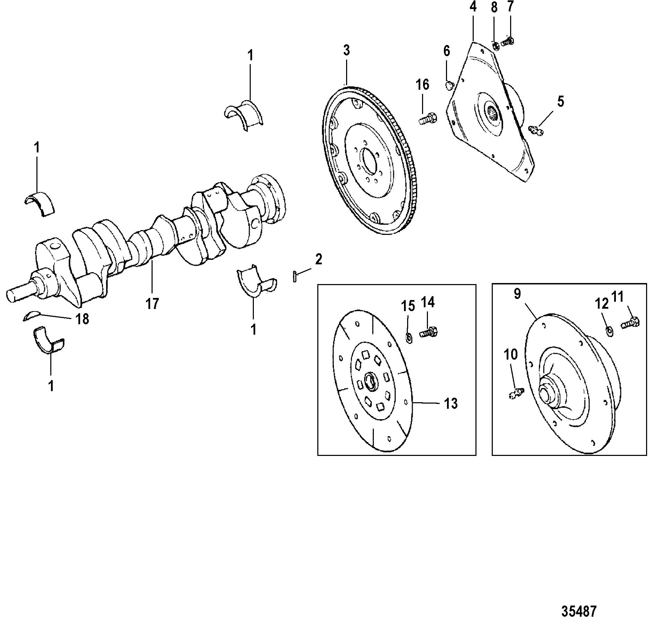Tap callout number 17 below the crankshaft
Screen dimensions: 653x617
[x=152, y=303]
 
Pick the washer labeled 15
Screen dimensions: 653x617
[x=409, y=337]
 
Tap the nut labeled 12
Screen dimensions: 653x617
[x=610, y=331]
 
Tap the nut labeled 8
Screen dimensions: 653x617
[x=496, y=46]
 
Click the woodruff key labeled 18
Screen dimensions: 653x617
[x=32, y=316]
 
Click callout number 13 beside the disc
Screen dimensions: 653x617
[x=451, y=404]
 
